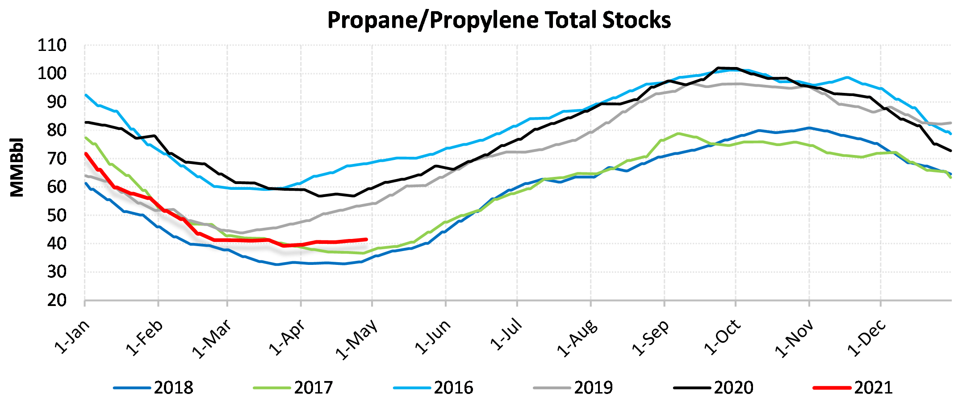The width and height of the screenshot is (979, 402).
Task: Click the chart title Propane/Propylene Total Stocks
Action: click(499, 20)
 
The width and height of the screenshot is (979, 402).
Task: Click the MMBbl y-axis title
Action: click(17, 167)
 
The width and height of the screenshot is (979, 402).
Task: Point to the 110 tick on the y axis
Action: click(52, 46)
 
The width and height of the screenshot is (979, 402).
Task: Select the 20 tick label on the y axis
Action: click(57, 301)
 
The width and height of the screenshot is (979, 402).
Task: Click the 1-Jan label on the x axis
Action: click(72, 337)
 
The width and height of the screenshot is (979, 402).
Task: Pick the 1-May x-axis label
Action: click(356, 339)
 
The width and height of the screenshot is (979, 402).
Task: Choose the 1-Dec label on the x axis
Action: click(866, 338)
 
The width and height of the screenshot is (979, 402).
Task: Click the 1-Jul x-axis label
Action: click(506, 334)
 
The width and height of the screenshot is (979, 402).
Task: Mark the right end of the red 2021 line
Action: click(366, 239)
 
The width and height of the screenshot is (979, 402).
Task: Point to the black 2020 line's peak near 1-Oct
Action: click(718, 68)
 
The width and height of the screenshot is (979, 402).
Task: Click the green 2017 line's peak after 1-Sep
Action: click(678, 133)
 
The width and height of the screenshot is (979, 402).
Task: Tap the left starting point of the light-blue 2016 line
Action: click(85, 95)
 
